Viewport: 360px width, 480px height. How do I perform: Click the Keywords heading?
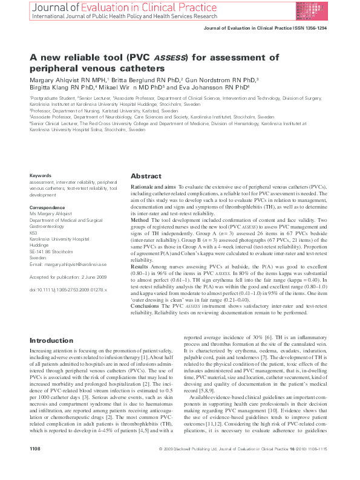(40, 175)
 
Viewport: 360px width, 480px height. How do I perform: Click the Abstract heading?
(146, 177)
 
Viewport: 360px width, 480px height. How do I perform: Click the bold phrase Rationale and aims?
(153, 188)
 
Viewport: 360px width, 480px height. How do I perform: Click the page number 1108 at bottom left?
(36, 465)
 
